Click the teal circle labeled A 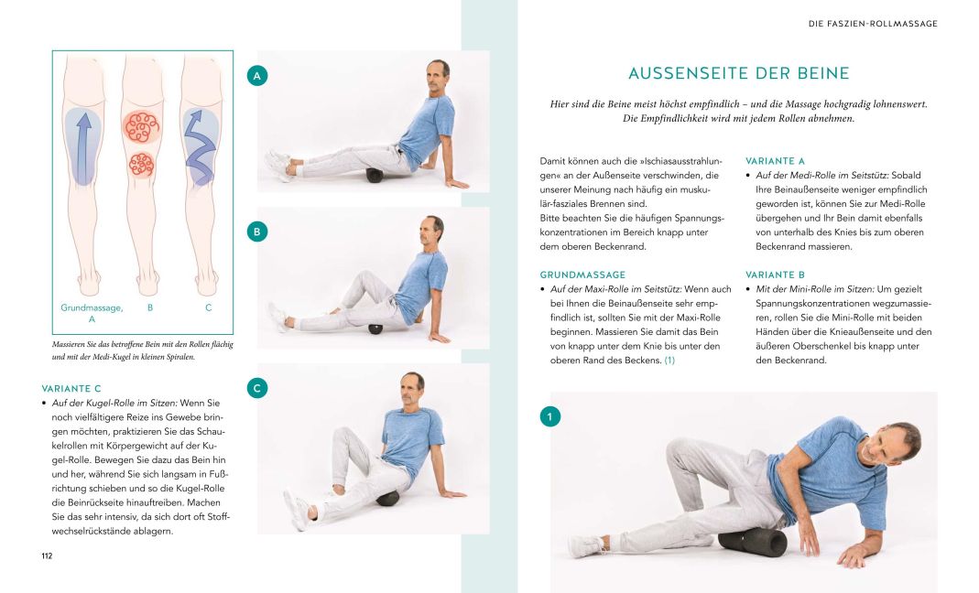[x=257, y=76]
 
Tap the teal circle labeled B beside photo [x=257, y=232]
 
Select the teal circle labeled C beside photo [x=257, y=388]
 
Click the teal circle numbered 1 [x=549, y=417]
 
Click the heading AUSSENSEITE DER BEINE [x=738, y=73]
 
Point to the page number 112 [x=49, y=555]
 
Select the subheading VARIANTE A [x=775, y=160]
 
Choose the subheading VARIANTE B [x=775, y=275]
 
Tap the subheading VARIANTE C [x=72, y=388]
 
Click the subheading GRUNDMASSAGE [x=582, y=275]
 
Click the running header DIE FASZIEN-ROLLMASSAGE [x=872, y=24]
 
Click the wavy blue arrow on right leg [x=199, y=146]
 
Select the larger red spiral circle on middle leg [x=142, y=126]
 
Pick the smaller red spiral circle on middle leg [x=140, y=165]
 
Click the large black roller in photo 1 [x=753, y=543]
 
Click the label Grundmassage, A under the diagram [x=92, y=313]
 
